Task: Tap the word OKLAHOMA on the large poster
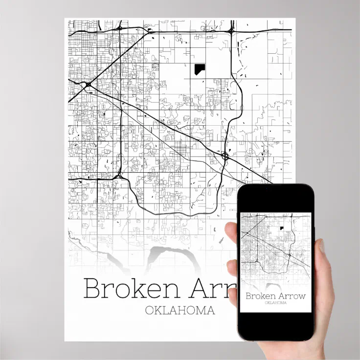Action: click(x=180, y=311)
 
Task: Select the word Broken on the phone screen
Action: click(x=260, y=295)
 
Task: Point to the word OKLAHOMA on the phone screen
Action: click(x=275, y=303)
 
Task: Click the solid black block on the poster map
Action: click(x=200, y=69)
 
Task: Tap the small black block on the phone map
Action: click(x=282, y=228)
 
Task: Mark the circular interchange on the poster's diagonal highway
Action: click(x=225, y=156)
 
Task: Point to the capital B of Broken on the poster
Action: click(x=92, y=289)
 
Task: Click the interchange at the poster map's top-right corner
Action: click(x=230, y=30)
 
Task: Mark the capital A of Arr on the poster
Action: click(x=202, y=289)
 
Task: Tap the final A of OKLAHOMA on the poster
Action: click(x=210, y=311)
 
